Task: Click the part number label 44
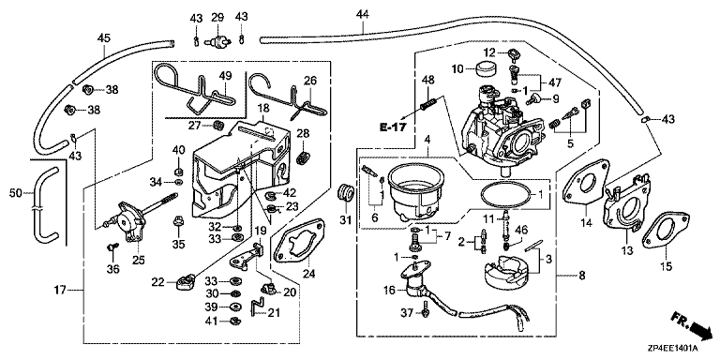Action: click(x=362, y=15)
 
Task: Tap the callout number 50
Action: click(x=16, y=194)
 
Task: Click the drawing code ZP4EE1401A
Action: click(x=676, y=349)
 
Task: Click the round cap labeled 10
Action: click(x=486, y=67)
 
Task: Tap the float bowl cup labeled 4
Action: click(x=417, y=193)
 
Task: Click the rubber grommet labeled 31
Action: click(x=345, y=192)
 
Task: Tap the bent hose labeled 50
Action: click(x=44, y=203)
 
